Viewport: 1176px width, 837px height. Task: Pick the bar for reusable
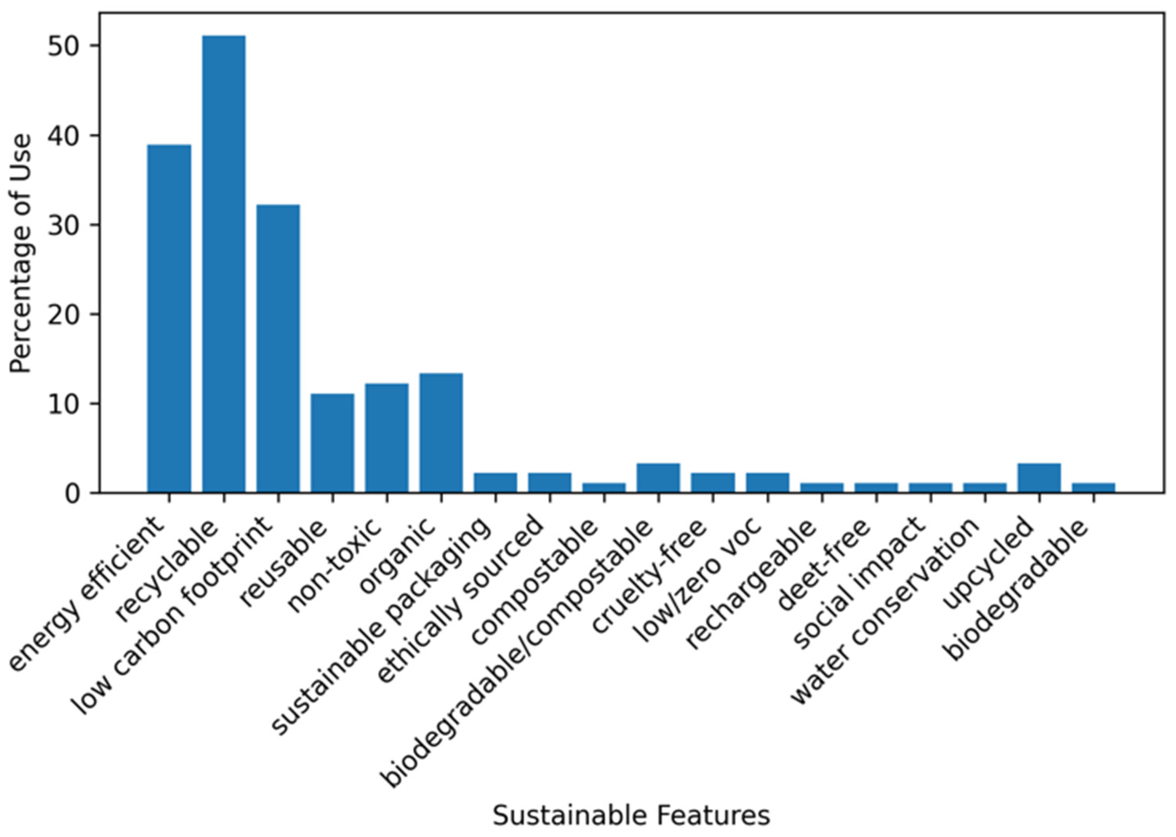[333, 443]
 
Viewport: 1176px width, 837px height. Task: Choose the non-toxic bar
[387, 438]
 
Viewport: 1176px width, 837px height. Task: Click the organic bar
[441, 433]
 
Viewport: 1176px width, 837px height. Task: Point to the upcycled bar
[1039, 478]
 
